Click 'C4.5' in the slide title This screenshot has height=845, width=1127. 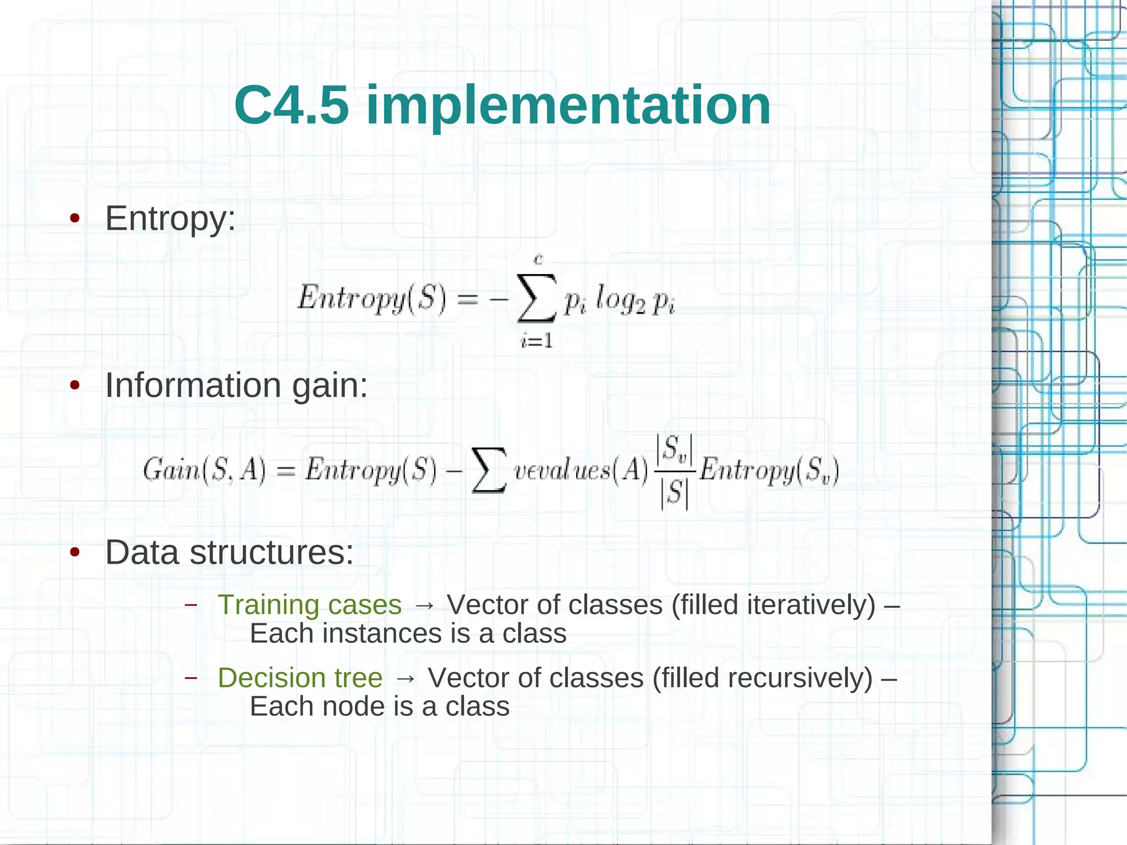pyautogui.click(x=292, y=105)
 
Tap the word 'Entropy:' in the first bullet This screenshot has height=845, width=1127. pyautogui.click(x=170, y=219)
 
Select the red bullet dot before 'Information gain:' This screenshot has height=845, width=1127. pyautogui.click(x=75, y=385)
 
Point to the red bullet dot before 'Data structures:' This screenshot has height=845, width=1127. pyautogui.click(x=75, y=552)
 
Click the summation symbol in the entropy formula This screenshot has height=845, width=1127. pyautogui.click(x=536, y=299)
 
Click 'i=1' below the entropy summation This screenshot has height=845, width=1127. pyautogui.click(x=537, y=341)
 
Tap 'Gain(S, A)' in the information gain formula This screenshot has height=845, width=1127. pyautogui.click(x=204, y=471)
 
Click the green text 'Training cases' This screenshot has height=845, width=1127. pyautogui.click(x=309, y=605)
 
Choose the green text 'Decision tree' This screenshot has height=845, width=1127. pyautogui.click(x=300, y=678)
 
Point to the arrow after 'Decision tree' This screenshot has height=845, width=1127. pyautogui.click(x=406, y=678)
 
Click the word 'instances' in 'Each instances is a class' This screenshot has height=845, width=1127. pyautogui.click(x=382, y=634)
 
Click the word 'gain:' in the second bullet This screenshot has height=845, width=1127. pyautogui.click(x=330, y=385)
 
